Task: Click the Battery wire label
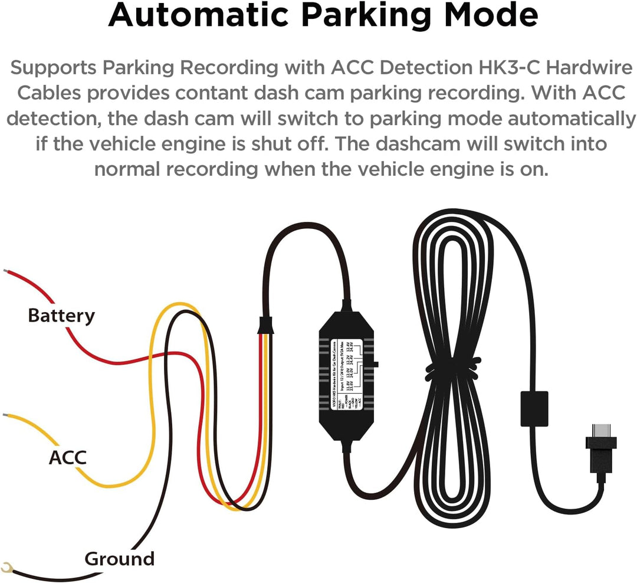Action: (61, 316)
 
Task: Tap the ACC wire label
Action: (67, 457)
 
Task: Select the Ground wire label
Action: (119, 558)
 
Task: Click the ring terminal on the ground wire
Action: (7, 568)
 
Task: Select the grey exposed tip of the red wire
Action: (5, 272)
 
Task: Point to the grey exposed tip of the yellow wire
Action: (5, 416)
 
